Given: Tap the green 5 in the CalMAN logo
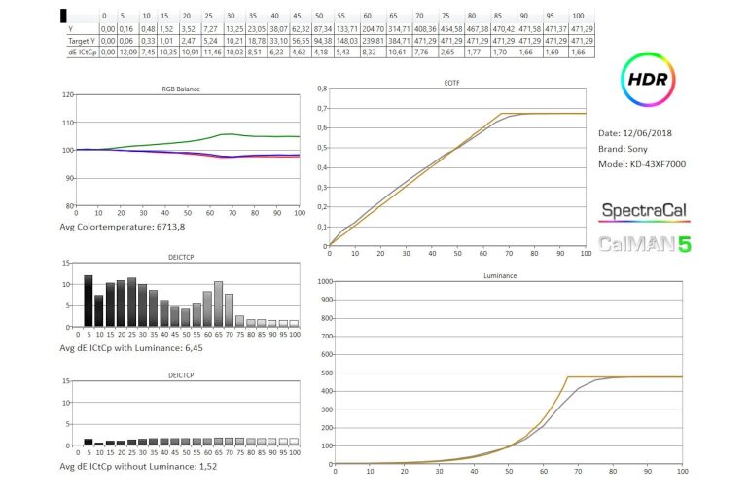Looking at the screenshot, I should point(684,243).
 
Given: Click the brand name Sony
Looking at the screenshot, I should point(648,148).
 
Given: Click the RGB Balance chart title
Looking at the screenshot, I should point(183,89).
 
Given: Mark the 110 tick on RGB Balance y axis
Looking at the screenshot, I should point(67,123).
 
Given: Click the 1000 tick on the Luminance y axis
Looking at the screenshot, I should point(322,282).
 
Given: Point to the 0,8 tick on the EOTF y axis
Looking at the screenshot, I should point(321,90).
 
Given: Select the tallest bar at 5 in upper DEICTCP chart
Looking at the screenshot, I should point(89,302).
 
